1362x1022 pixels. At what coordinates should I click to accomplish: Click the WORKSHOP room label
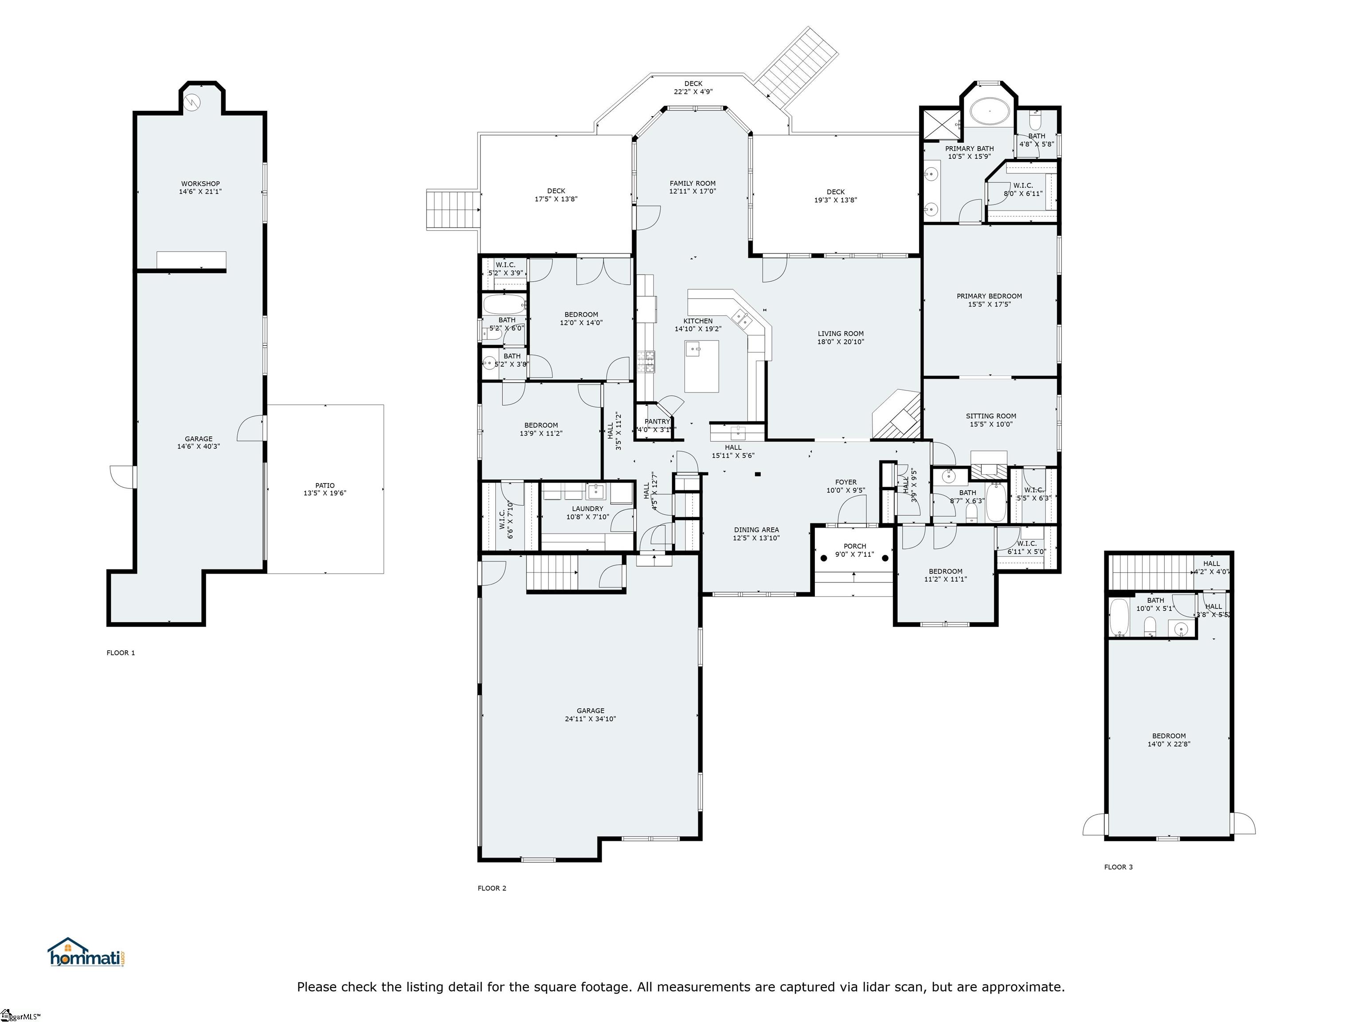tap(200, 184)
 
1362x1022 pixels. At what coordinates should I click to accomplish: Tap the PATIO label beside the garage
tap(325, 485)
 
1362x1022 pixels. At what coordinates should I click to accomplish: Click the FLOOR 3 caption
tap(1118, 867)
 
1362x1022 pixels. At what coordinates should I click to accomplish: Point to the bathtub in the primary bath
tap(990, 113)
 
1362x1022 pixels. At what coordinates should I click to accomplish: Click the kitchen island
tap(701, 366)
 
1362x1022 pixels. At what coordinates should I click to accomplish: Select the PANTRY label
tap(657, 421)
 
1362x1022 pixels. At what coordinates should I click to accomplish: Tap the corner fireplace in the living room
tap(898, 416)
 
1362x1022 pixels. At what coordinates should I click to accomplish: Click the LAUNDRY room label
tap(587, 509)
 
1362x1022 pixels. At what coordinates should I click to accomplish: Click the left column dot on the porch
tap(824, 558)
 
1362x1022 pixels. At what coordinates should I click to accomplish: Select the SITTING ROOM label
tap(991, 416)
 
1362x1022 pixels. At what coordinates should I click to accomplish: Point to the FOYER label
tap(845, 482)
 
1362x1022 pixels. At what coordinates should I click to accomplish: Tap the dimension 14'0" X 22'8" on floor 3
tap(1169, 743)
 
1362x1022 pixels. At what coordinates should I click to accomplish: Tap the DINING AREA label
tap(756, 530)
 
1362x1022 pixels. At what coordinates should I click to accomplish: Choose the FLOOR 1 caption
tap(121, 653)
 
